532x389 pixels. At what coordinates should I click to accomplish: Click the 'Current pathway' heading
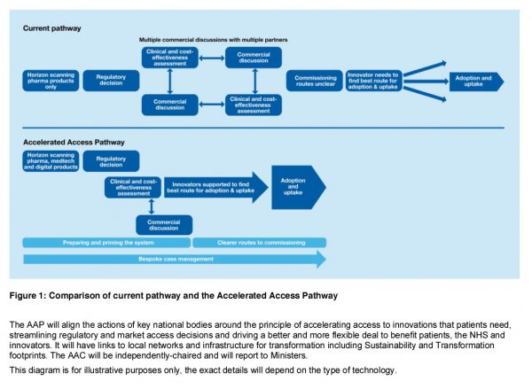tap(51, 28)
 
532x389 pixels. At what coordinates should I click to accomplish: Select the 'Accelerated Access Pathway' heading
tap(74, 141)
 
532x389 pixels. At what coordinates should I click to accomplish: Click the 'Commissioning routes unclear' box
tap(315, 81)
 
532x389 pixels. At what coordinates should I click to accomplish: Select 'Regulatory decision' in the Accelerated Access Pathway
tap(111, 160)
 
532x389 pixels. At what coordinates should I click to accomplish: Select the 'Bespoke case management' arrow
tap(168, 259)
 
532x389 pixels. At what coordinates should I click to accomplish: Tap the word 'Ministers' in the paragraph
tap(286, 355)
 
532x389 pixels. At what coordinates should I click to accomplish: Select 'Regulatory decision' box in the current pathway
tap(111, 81)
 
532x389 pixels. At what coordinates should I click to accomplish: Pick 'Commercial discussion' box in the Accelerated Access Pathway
tap(163, 224)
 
